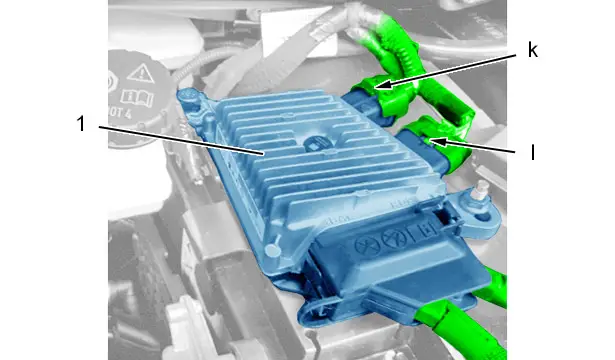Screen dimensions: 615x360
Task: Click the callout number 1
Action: point(81,124)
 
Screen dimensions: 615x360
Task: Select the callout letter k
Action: point(532,50)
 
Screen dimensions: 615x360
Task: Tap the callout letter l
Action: point(532,152)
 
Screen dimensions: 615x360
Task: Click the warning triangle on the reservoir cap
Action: point(140,74)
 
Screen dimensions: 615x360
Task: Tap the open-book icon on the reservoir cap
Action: point(137,97)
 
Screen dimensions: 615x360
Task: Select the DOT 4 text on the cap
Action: point(119,113)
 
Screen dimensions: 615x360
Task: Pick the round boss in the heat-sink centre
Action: point(314,143)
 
